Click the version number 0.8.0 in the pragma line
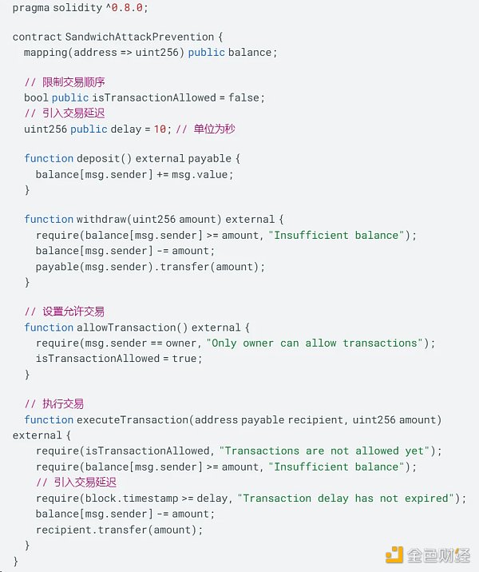(127, 8)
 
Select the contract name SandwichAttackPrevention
(140, 37)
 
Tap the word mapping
(46, 53)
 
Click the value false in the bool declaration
(243, 97)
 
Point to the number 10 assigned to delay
(160, 129)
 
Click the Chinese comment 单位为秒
(214, 129)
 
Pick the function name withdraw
(101, 219)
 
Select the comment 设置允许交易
(73, 312)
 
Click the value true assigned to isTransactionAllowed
(184, 359)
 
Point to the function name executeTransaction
(133, 420)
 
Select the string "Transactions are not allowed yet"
(324, 451)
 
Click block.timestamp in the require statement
(132, 499)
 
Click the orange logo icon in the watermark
(394, 555)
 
